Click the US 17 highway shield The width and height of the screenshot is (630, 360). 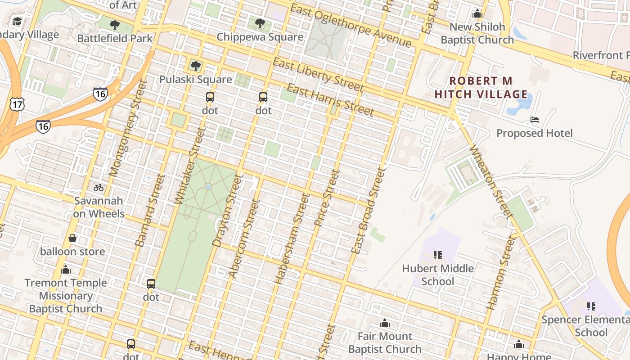pyautogui.click(x=16, y=104)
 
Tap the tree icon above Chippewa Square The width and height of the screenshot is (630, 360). pyautogui.click(x=260, y=23)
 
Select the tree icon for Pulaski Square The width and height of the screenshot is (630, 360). pyautogui.click(x=195, y=66)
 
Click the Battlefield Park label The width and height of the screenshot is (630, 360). pyautogui.click(x=115, y=38)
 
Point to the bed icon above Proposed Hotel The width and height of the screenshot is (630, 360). pyautogui.click(x=535, y=120)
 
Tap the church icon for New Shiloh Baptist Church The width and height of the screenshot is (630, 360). pyautogui.click(x=477, y=14)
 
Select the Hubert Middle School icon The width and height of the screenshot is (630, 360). pyautogui.click(x=438, y=255)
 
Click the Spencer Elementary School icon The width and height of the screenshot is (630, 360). pyautogui.click(x=591, y=306)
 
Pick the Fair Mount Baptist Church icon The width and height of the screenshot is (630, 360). pyautogui.click(x=385, y=323)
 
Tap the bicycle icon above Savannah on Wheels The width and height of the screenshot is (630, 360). pyautogui.click(x=99, y=188)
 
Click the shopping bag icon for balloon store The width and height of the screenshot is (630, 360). pyautogui.click(x=72, y=238)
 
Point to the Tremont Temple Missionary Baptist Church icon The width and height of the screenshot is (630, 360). pyautogui.click(x=66, y=270)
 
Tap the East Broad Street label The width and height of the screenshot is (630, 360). pyautogui.click(x=369, y=211)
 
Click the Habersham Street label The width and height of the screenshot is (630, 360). pyautogui.click(x=292, y=238)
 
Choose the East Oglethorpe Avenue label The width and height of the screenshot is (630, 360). pyautogui.click(x=351, y=25)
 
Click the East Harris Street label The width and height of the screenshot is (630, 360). pyautogui.click(x=330, y=100)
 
